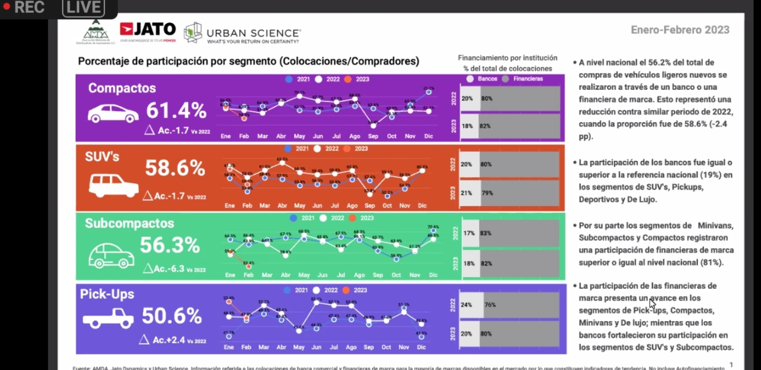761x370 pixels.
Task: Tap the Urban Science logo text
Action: point(253,33)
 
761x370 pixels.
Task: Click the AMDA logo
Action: point(96,32)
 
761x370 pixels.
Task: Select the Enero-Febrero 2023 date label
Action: point(680,30)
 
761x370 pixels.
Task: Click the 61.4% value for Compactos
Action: point(176,110)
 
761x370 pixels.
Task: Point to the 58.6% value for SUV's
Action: point(175,168)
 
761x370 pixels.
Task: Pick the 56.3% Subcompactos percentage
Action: point(170,245)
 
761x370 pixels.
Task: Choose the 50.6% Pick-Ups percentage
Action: point(172,316)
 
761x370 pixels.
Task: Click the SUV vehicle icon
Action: point(113,185)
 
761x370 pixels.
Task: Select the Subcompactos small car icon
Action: point(111,255)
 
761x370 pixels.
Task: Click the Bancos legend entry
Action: point(483,79)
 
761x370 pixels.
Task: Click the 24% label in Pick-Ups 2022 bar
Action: point(466,305)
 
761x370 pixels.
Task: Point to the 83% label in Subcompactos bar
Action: point(485,233)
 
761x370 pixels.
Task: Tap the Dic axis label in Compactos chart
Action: point(428,136)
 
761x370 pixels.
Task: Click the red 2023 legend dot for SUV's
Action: point(347,149)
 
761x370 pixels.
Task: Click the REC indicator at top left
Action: point(25,7)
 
